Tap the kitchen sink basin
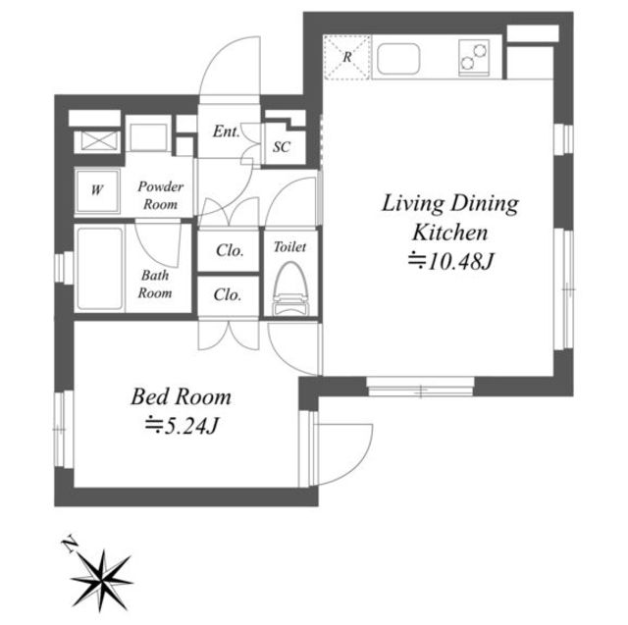pos(398,59)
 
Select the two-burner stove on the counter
pos(474,57)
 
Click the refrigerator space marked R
pos(346,57)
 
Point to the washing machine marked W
pos(97,190)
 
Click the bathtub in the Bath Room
pos(100,268)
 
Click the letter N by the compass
pos(70,544)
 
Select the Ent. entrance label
pos(227,131)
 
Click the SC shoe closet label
pos(282,147)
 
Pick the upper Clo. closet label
pos(230,250)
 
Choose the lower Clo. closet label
pos(228,294)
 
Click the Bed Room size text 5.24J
pos(182,425)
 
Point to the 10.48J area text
pos(451,262)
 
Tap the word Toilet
pos(289,247)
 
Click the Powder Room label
pos(161,195)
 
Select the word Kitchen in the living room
pos(450,233)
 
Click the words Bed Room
pos(181,396)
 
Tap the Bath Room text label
pos(155,285)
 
